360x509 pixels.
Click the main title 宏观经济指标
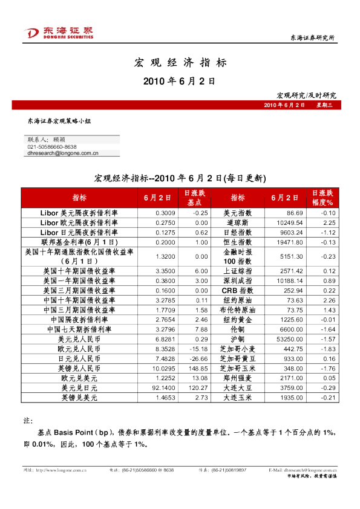click(x=180, y=62)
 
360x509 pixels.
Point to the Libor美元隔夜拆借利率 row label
click(x=79, y=213)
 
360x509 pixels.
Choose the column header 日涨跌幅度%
click(x=322, y=198)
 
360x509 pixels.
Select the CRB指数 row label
click(x=237, y=290)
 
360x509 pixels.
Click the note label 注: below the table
click(x=27, y=420)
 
